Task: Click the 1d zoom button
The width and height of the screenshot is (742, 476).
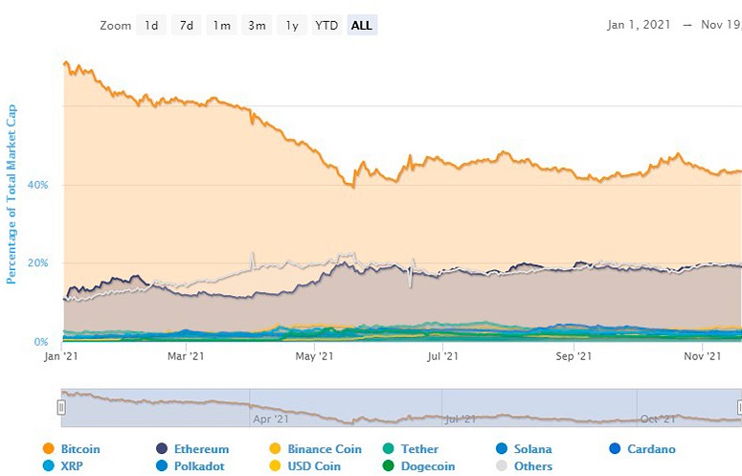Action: (151, 26)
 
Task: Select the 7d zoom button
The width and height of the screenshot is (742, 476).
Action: (187, 26)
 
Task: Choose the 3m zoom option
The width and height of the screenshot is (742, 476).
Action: (257, 26)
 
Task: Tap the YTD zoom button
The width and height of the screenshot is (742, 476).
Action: (327, 26)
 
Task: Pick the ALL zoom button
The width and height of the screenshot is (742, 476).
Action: (362, 26)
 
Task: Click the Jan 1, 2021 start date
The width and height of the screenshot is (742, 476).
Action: (639, 26)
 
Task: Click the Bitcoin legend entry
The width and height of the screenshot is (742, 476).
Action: (79, 449)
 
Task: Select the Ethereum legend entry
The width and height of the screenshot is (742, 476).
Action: (201, 449)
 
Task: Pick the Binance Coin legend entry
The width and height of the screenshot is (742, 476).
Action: (324, 449)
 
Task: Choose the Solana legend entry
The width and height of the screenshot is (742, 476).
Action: (533, 449)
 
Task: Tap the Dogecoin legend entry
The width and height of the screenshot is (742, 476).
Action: (422, 466)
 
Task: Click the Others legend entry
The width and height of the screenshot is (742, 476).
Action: (531, 466)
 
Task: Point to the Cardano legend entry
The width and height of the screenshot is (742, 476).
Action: (651, 449)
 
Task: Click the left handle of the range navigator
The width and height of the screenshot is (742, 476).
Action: (61, 407)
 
